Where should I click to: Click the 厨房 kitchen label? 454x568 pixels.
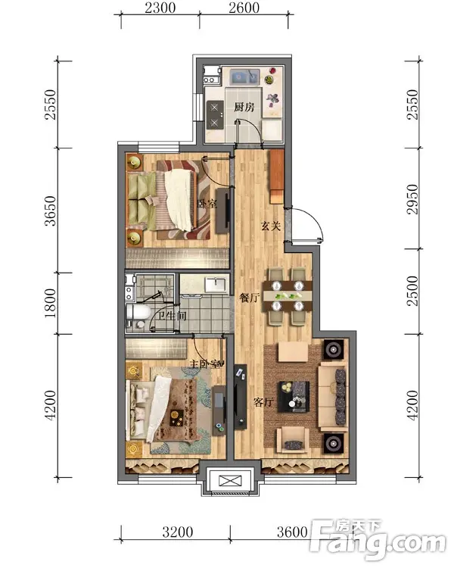244,108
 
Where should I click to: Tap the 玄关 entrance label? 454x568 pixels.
271,226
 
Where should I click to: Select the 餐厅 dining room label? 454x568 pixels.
250,298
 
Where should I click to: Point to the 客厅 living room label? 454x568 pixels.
263,401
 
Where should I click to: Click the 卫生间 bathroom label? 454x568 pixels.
173,316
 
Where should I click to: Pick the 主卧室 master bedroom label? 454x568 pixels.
205,364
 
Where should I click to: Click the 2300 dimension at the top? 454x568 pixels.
160,8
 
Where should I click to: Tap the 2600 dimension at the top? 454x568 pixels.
244,8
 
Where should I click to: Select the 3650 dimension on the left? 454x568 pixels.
51,211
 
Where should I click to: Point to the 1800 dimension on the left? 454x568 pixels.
51,303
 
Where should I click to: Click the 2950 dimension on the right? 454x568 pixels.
412,199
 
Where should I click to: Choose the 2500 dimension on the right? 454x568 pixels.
412,291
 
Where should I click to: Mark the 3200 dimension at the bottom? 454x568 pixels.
177,532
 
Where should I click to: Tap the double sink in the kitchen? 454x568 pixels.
245,76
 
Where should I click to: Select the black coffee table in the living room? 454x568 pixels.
294,397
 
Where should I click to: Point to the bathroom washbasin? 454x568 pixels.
216,284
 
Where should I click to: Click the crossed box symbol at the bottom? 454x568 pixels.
230,482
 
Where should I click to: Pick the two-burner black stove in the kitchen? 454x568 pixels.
214,115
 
